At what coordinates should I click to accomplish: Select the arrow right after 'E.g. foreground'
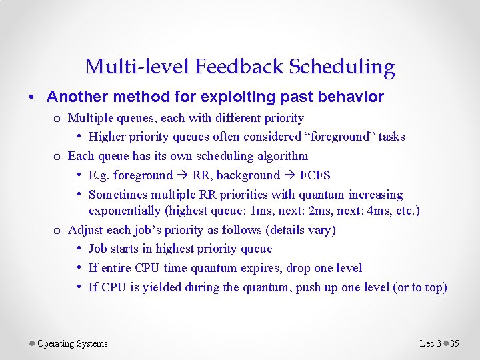(182, 175)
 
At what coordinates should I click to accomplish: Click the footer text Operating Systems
(72, 344)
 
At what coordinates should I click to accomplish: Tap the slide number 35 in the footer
(455, 344)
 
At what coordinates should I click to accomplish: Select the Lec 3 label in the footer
(430, 344)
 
